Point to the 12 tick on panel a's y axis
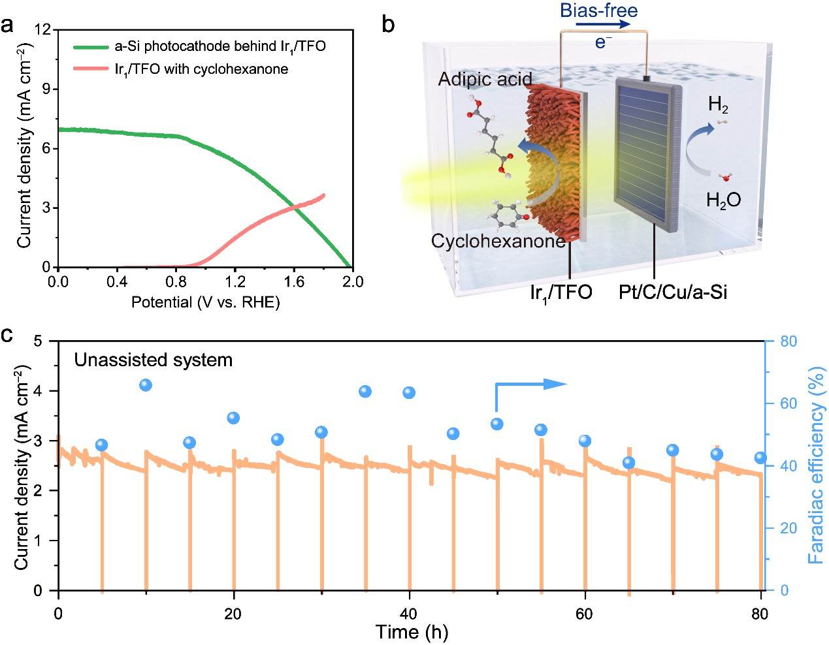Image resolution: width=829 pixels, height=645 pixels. point(42,29)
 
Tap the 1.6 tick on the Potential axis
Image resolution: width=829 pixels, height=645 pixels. point(293,282)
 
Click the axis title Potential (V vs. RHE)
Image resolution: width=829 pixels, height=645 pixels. point(205,302)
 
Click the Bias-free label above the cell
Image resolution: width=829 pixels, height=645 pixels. point(599,10)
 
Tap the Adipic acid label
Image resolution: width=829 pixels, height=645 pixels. point(485,79)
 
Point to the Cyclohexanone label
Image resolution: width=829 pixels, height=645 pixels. point(498,241)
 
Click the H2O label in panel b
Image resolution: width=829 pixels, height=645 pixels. point(724,199)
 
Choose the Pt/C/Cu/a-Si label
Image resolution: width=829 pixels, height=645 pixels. point(673,292)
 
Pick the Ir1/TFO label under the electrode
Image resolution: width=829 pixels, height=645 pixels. point(561,292)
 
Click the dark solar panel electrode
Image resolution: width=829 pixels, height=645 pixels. point(648,157)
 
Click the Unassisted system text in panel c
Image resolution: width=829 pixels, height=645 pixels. point(153,360)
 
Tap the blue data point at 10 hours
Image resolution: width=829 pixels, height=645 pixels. point(146,385)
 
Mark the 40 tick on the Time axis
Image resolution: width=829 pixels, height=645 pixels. point(408,614)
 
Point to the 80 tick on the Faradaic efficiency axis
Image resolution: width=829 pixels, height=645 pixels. point(788,341)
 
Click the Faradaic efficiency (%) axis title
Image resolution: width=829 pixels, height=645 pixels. point(816,465)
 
